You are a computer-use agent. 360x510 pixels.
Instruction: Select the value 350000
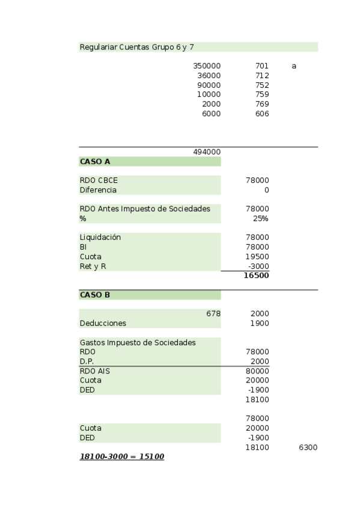[x=207, y=66]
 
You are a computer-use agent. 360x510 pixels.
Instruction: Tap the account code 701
[x=261, y=66]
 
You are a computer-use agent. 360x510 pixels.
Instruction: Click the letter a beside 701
[x=294, y=66]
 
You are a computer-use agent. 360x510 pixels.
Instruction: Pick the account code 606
[x=261, y=114]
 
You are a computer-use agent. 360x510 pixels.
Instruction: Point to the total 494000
[x=207, y=152]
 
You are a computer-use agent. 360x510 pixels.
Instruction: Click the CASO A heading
[x=95, y=162]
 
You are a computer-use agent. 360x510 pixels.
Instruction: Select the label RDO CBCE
[x=99, y=180]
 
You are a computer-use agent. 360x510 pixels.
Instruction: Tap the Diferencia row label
[x=98, y=190]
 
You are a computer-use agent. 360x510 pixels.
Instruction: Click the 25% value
[x=260, y=218]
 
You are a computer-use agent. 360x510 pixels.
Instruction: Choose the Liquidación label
[x=100, y=238]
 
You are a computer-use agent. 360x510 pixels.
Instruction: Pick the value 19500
[x=258, y=257]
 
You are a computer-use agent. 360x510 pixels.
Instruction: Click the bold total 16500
[x=256, y=276]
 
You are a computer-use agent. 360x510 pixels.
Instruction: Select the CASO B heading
[x=95, y=295]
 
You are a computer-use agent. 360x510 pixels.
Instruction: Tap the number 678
[x=213, y=314]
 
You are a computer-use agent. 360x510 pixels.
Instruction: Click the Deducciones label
[x=103, y=324]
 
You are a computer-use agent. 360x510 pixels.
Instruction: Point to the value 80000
[x=258, y=371]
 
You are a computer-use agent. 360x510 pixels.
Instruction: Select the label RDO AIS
[x=95, y=371]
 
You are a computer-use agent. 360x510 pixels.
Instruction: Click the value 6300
[x=308, y=447]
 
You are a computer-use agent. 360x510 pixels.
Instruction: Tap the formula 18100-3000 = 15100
[x=122, y=457]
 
